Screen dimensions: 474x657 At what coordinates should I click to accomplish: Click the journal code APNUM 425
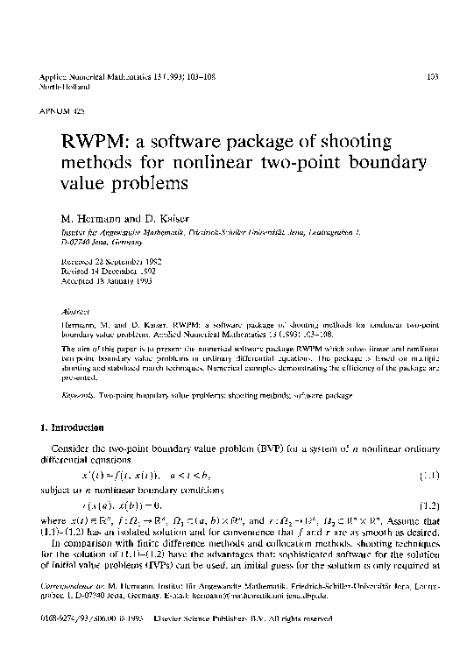tap(51, 114)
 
